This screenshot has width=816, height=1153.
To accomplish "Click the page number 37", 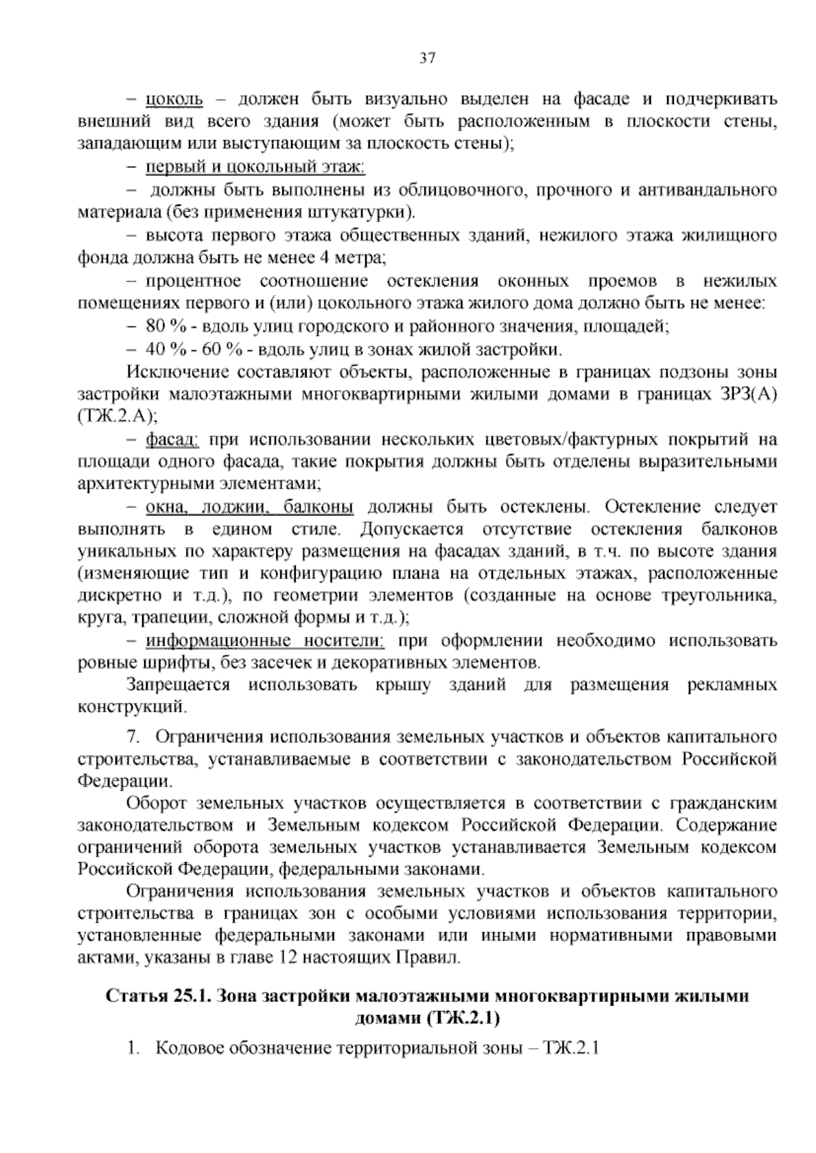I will [x=427, y=58].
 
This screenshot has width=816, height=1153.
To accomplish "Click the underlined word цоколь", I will [x=174, y=100].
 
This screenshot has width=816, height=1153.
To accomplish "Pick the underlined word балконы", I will [x=318, y=507].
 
